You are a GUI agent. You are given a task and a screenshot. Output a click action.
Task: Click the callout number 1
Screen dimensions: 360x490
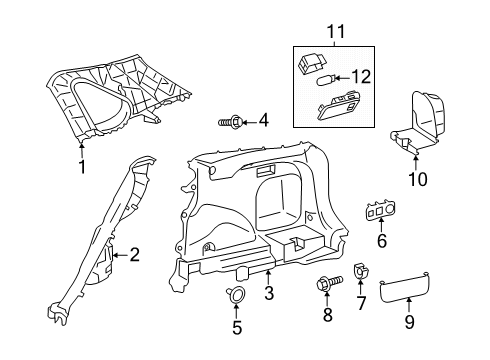(x=82, y=167)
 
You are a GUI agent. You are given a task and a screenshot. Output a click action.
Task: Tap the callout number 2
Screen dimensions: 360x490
(x=134, y=255)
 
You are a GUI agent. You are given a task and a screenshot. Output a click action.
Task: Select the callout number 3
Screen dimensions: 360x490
(x=268, y=292)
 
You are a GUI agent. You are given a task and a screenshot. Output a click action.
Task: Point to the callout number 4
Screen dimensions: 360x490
(x=263, y=121)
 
